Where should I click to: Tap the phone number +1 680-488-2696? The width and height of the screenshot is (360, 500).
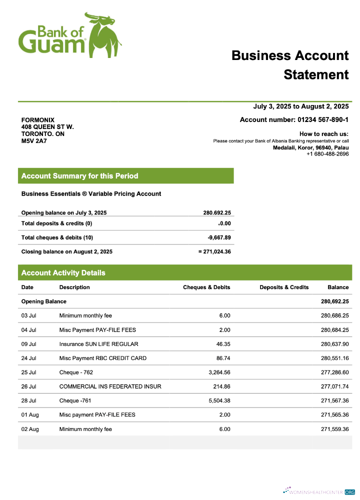click(x=327, y=154)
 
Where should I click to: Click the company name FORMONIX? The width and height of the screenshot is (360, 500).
click(x=38, y=120)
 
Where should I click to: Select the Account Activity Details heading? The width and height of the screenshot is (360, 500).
click(x=63, y=273)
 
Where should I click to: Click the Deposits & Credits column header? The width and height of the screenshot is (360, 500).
click(x=284, y=287)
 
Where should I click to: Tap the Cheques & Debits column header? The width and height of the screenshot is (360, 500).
click(x=206, y=287)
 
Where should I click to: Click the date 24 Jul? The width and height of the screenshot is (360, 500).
click(x=28, y=358)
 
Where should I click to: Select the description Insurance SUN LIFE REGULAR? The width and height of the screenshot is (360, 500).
click(x=98, y=344)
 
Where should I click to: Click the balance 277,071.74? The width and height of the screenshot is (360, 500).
click(x=334, y=386)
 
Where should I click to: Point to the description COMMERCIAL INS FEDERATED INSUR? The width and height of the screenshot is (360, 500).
click(x=110, y=386)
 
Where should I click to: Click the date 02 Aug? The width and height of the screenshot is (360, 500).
click(x=29, y=429)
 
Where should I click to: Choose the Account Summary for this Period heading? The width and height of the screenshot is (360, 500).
click(x=79, y=176)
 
